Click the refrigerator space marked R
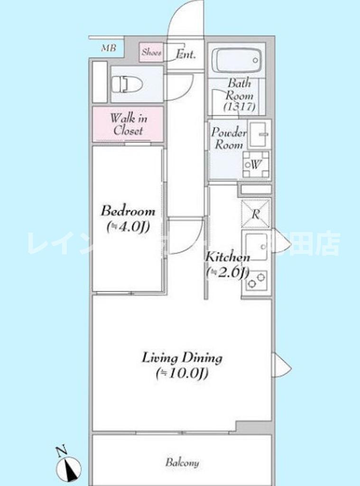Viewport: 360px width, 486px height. pos(256,214)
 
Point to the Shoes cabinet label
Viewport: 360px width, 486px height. pos(151,53)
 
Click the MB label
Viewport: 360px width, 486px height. pos(108,48)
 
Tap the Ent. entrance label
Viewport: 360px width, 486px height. pos(185,54)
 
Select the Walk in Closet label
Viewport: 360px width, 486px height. pos(128,124)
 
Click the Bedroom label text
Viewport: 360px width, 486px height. pos(128,211)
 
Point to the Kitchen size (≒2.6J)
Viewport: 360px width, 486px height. pos(227,272)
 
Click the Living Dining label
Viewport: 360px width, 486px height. pos(182,357)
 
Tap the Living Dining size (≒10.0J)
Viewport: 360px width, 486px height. pos(182,374)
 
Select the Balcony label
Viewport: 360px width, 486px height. pos(182,462)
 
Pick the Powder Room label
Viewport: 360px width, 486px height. pos(229,138)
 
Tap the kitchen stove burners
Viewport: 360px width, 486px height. pos(256,281)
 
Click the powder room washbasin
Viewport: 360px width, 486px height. pos(258,134)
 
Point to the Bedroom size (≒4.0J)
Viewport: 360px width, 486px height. pos(128,227)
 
